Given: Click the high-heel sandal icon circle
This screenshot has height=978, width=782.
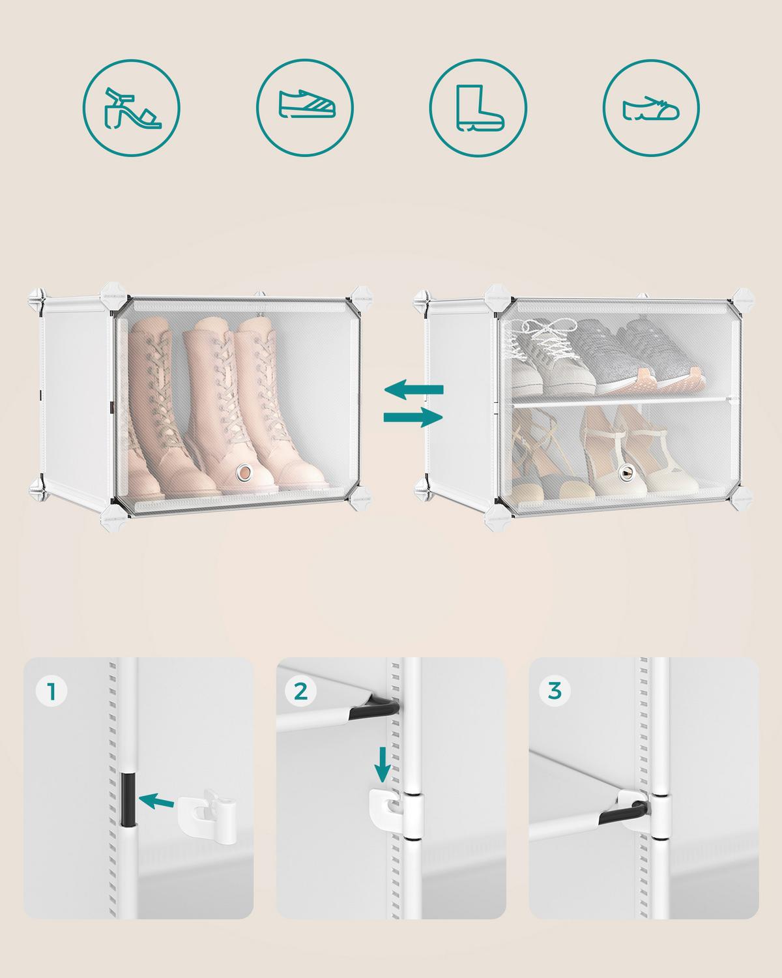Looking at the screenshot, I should pos(131,107).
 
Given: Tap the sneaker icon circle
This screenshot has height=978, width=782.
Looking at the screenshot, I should pos(305,107).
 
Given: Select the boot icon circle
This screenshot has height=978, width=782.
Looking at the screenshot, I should pos(478,107).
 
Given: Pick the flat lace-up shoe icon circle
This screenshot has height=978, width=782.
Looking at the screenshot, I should pos(651,107).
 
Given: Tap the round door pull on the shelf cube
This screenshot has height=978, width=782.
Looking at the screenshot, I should pos(628,471).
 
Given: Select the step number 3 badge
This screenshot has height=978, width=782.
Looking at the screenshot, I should pos(554,690).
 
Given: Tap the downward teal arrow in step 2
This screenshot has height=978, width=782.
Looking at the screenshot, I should pos(383,764).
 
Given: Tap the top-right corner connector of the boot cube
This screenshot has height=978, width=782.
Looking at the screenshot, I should pos(360,295).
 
